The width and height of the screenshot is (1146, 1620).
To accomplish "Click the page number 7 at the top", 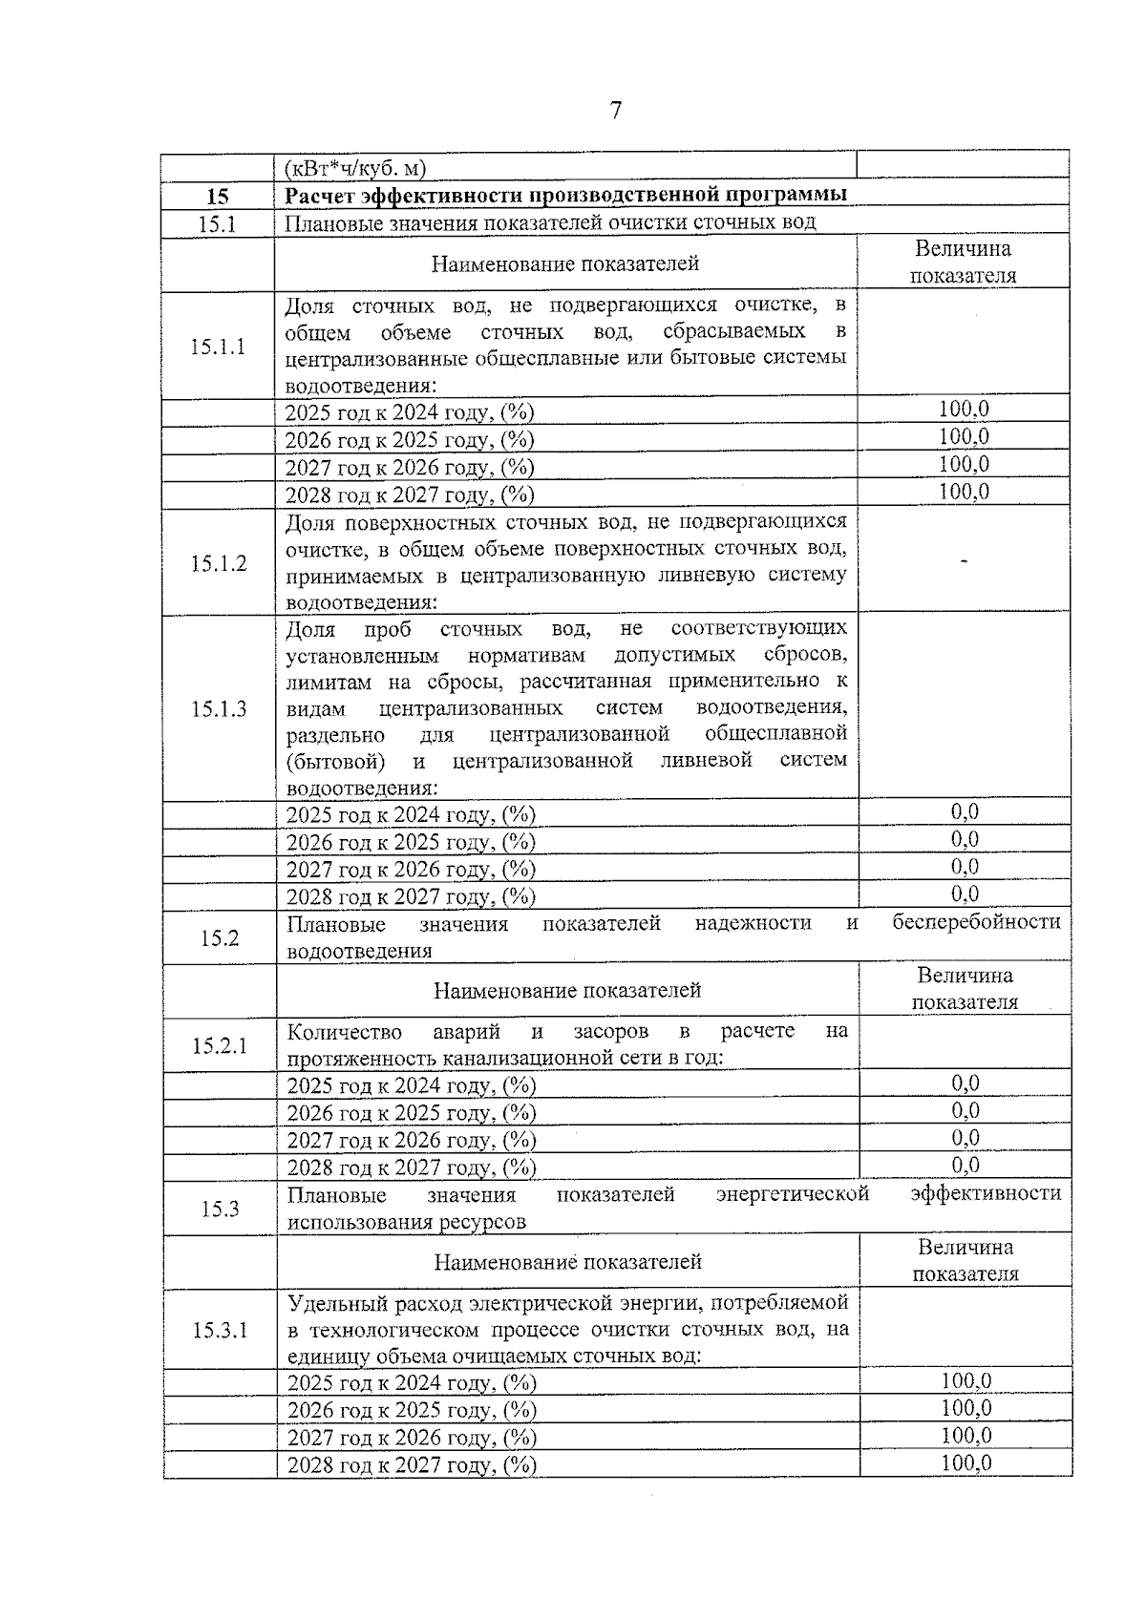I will pos(615,112).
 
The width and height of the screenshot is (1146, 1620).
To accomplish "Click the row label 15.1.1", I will pos(218,347).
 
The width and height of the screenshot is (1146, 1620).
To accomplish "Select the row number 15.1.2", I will pos(218,563).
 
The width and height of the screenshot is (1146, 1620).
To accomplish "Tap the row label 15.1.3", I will pos(219,708).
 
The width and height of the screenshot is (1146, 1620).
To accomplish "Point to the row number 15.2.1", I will pos(220,1045).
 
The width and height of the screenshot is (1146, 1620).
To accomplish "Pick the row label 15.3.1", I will pos(220,1330).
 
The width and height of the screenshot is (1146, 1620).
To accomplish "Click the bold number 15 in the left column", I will pos(218,197).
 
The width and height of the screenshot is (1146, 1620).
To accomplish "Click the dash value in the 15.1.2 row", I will pos(964,562).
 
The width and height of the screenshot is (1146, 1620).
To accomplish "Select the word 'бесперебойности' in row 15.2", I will pos(976,922).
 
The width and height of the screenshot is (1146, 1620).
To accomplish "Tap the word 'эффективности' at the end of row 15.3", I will pos(986,1194).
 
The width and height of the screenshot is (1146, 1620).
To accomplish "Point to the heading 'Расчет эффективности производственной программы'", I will pos(565,196).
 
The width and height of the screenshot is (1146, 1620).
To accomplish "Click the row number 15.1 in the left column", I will pos(218,223).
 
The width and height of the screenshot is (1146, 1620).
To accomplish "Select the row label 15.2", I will pos(220,937).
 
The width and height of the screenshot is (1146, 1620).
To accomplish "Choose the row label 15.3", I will pos(220,1209).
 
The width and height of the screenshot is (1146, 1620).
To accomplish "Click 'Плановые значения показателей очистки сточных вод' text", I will pos(550,223).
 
